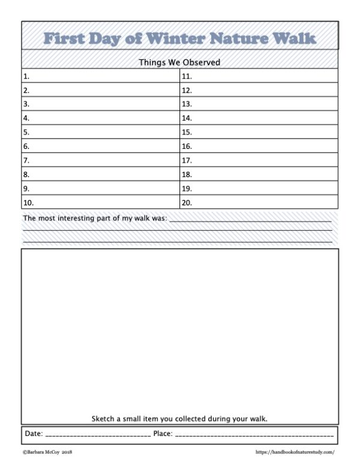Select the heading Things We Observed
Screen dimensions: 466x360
[179, 62]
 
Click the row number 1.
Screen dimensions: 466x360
[26, 76]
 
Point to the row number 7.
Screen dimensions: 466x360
[26, 160]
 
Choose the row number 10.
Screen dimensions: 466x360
[28, 202]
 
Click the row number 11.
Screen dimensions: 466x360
[187, 76]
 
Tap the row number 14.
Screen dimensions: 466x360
[187, 118]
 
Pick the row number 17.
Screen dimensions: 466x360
[187, 160]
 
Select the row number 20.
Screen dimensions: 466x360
[187, 202]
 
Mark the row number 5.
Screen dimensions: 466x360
[26, 132]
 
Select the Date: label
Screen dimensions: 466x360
[34, 433]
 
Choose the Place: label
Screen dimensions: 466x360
[163, 433]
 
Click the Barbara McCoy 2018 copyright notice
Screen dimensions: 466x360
[47, 452]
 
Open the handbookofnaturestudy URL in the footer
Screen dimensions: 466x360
[295, 452]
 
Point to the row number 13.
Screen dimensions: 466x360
[187, 104]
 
